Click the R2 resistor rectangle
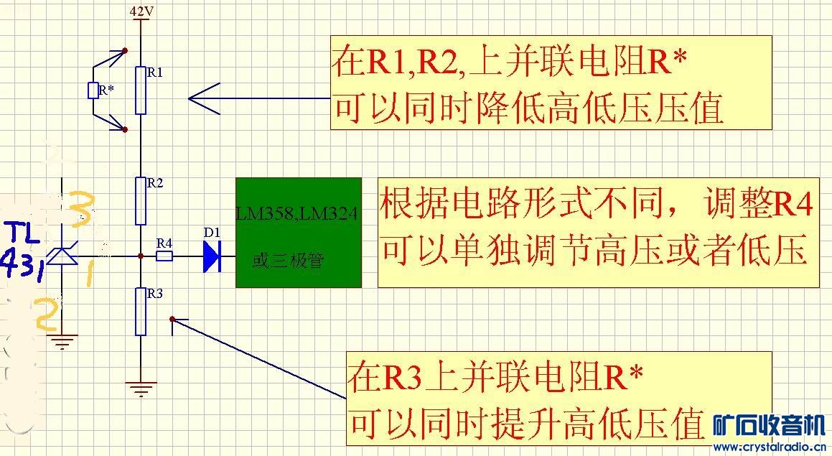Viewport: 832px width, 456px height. pos(140,201)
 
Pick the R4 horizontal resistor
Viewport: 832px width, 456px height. pos(164,256)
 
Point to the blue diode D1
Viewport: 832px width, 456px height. pos(211,256)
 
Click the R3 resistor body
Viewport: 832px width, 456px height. pos(140,311)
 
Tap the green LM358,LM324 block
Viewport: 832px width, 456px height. pos(299,232)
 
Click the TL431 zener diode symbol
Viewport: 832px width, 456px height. pos(63,256)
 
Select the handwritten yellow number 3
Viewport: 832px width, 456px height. pos(80,208)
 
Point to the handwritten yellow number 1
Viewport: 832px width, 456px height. pos(90,273)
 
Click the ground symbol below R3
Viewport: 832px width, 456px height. pos(141,390)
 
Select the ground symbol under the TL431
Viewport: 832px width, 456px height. pos(63,342)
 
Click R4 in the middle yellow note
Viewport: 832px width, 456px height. pos(793,205)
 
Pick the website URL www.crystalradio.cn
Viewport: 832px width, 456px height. pos(769,447)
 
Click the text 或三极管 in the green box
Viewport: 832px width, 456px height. pos(287,260)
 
